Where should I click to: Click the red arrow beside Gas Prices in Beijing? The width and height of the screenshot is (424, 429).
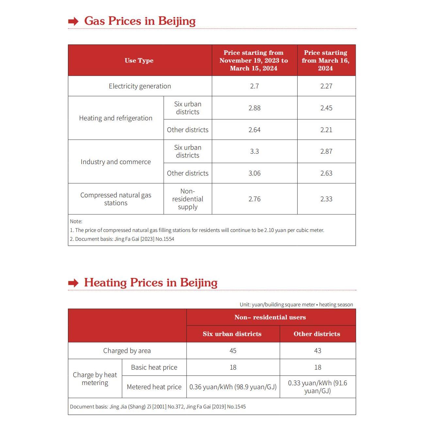73,22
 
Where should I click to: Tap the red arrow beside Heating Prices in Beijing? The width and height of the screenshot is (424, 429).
73,283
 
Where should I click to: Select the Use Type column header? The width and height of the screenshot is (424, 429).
139,61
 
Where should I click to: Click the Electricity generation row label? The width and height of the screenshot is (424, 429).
140,86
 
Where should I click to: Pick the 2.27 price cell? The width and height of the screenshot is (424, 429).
326,86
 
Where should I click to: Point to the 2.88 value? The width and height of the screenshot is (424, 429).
254,108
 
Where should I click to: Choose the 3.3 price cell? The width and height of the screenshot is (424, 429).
254,151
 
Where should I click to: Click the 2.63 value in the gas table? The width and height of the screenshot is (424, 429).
326,173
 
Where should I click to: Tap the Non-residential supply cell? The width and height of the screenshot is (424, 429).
188,199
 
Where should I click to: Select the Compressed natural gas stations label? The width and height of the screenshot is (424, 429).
116,199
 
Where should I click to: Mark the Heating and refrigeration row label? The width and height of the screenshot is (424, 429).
116,118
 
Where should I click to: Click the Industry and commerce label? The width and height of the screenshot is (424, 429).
116,162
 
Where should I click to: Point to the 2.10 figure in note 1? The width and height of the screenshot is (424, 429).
269,230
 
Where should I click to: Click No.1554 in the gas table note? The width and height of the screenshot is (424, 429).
165,239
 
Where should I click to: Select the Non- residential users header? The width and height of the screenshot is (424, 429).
270,317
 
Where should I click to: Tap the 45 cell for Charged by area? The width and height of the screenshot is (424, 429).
233,351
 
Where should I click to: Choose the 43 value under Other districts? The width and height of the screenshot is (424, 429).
318,351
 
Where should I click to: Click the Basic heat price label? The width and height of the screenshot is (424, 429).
154,367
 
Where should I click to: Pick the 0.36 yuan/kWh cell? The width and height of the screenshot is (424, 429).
233,387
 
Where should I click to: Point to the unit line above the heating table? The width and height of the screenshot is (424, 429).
296,305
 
